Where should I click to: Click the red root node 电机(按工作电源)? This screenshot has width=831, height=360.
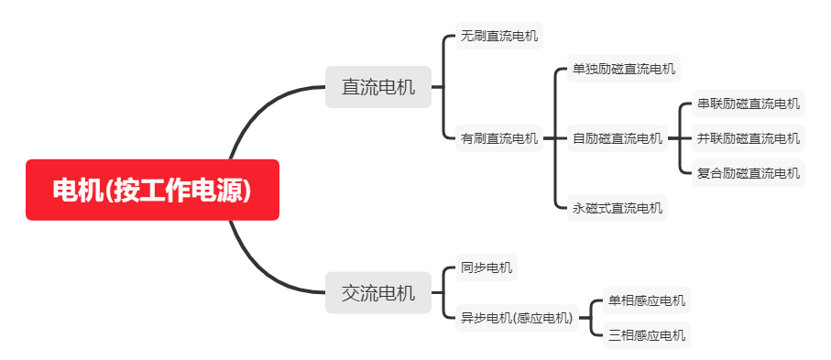point(152,190)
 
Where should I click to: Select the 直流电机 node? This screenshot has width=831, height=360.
point(377,87)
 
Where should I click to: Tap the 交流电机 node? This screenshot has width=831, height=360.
point(377,293)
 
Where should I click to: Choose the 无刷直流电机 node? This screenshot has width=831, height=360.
point(498,37)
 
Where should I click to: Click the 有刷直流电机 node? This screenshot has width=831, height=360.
point(498,139)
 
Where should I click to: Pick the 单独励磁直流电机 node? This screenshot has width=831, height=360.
point(623,68)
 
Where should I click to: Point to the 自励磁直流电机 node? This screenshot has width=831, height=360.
point(617,139)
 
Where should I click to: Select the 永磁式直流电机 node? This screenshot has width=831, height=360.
point(617,208)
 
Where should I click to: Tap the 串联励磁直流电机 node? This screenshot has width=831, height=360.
point(748,104)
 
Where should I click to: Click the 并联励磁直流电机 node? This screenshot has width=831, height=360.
point(748,139)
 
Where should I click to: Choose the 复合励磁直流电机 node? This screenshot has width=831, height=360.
point(748,172)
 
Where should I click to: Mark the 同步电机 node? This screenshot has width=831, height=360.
point(486,268)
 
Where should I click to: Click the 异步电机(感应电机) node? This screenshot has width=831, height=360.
point(516,318)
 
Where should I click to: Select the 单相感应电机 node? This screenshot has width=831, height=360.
point(646,300)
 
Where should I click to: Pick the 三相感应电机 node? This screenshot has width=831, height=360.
point(646,335)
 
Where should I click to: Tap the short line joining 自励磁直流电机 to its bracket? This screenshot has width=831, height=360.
point(673,139)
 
